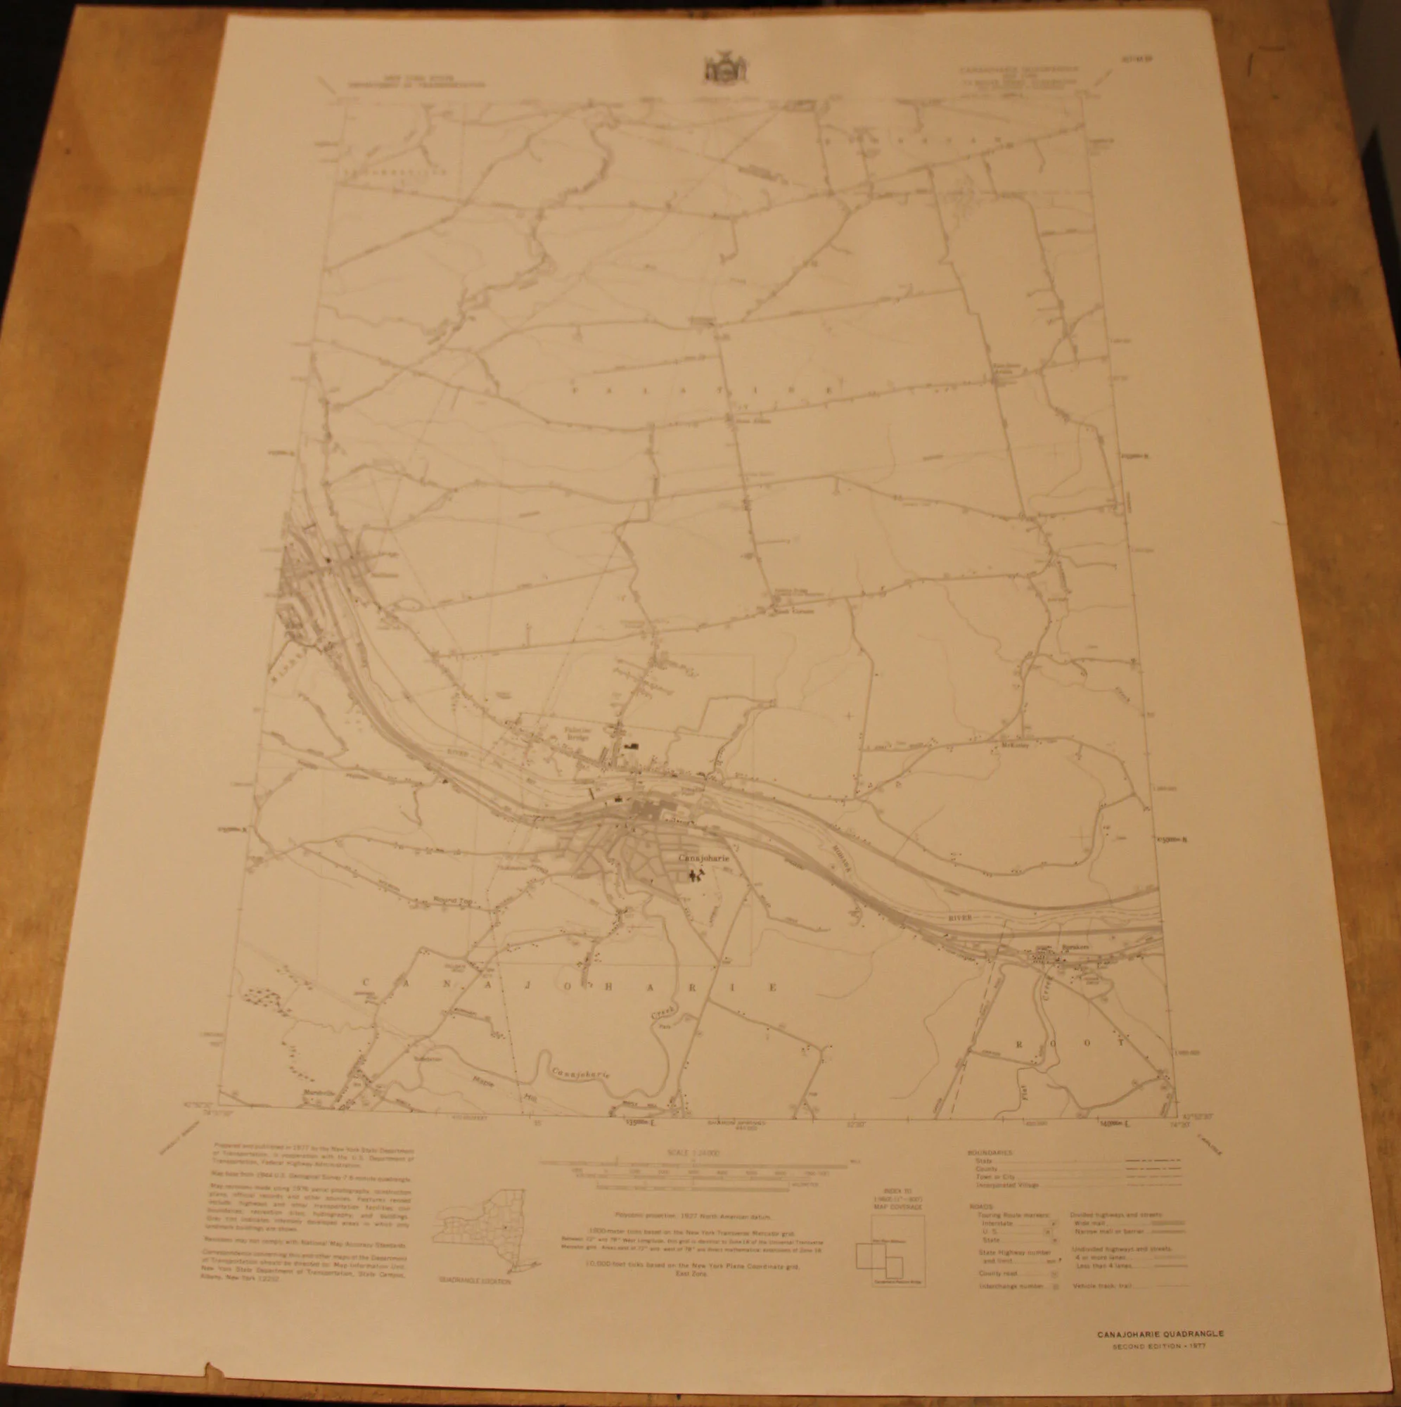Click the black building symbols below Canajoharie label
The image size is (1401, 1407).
point(697,872)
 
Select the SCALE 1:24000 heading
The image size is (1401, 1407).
point(693,1153)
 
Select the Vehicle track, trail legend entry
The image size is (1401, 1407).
point(1100,1286)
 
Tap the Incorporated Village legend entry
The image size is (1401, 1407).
point(1009,1185)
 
